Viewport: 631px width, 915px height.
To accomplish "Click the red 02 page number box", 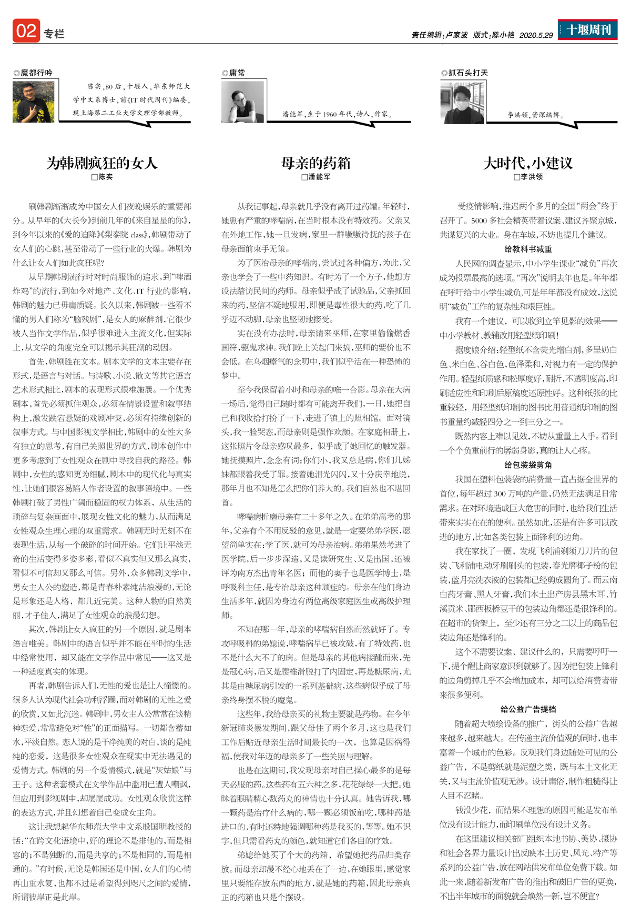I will pyautogui.click(x=26, y=31).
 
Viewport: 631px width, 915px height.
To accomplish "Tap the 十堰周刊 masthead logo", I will pyautogui.click(x=588, y=29).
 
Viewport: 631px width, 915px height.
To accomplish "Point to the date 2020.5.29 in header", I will pyautogui.click(x=536, y=35).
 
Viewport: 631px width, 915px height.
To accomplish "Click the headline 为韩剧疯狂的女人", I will pyautogui.click(x=102, y=163).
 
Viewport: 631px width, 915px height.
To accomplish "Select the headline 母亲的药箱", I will pyautogui.click(x=315, y=163).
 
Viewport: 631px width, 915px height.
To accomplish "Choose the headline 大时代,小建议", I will pyautogui.click(x=528, y=163).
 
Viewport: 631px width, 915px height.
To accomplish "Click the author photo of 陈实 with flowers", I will pyautogui.click(x=33, y=102).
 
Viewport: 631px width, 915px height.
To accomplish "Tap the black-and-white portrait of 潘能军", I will pyautogui.click(x=242, y=102).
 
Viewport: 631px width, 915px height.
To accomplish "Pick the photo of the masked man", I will pyautogui.click(x=463, y=103).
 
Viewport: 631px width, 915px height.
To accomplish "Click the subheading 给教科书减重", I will pyautogui.click(x=528, y=249).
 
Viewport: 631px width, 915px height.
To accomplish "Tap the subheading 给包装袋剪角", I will pyautogui.click(x=528, y=465).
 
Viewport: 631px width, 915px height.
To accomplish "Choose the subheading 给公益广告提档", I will pyautogui.click(x=528, y=709).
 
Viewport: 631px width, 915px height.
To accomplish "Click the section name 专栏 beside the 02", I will pyautogui.click(x=54, y=34).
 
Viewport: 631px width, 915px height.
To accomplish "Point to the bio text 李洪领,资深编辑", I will pyautogui.click(x=533, y=114).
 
